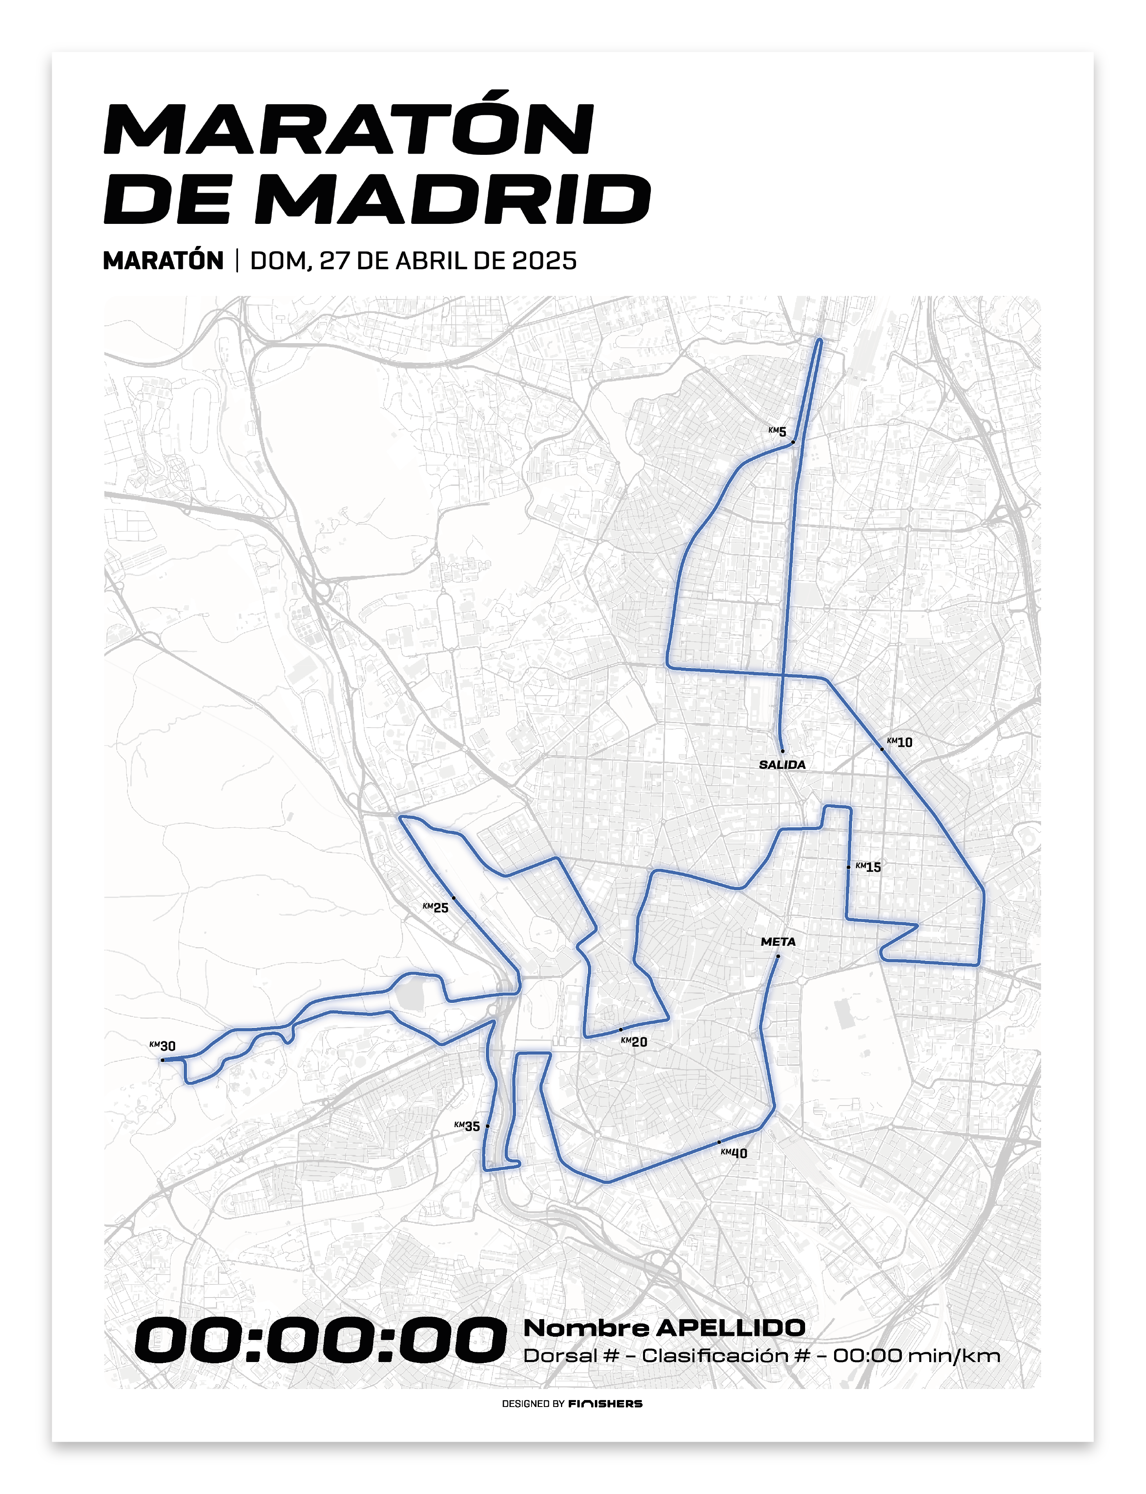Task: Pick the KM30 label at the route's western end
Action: click(162, 1045)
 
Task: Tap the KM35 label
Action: click(467, 1126)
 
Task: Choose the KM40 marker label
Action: click(734, 1153)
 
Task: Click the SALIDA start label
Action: click(782, 764)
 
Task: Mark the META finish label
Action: click(778, 941)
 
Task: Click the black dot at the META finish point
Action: click(778, 956)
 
